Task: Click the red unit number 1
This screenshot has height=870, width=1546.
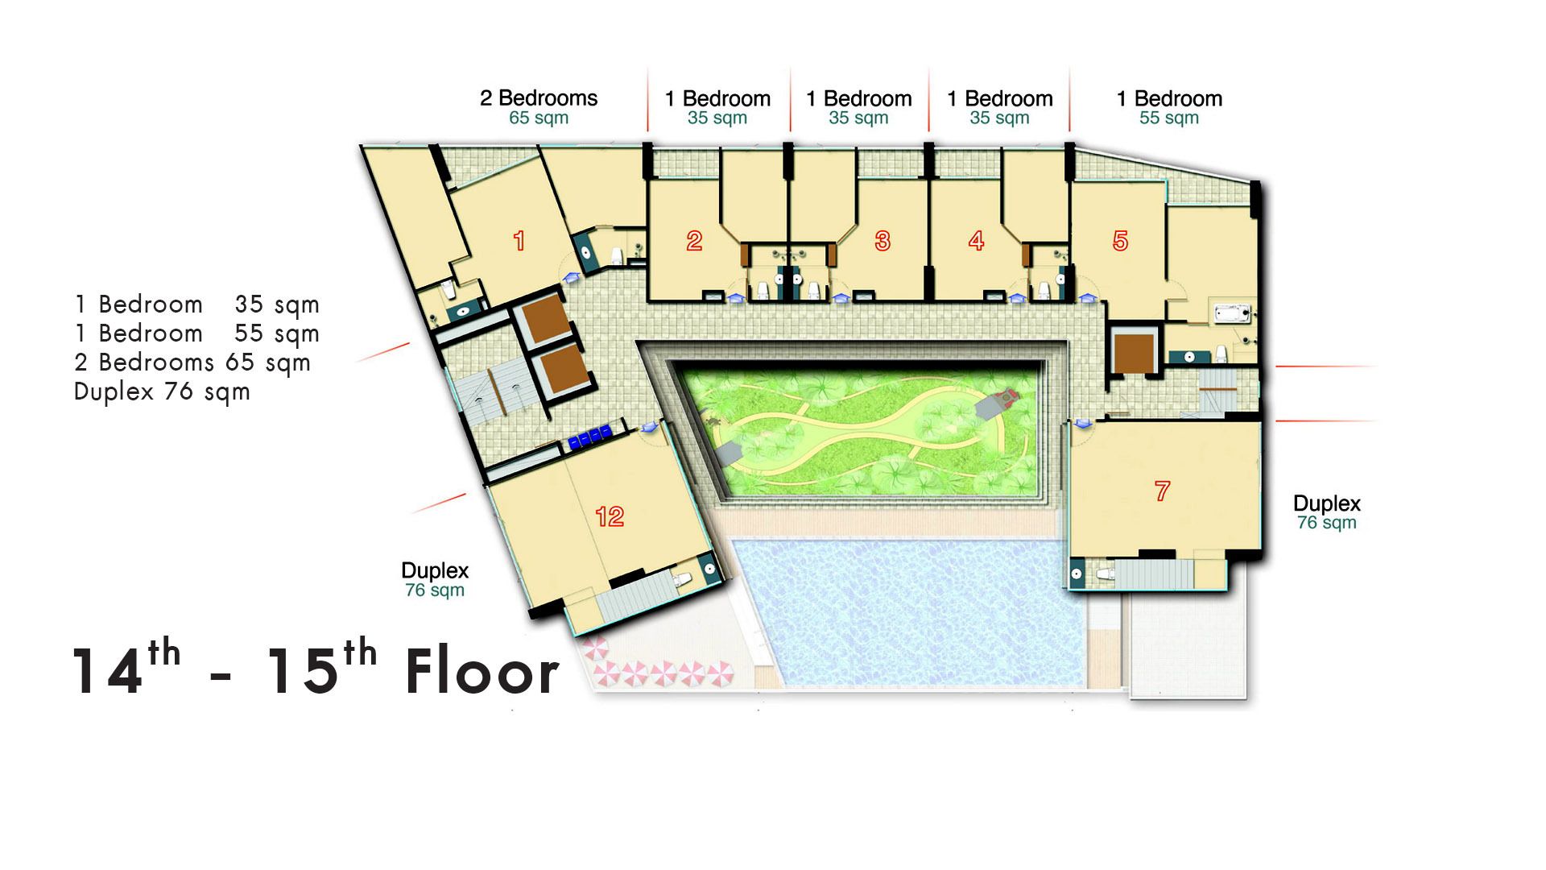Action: pyautogui.click(x=519, y=240)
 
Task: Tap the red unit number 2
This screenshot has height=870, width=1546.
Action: pyautogui.click(x=694, y=240)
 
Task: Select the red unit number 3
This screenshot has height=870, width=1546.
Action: pyautogui.click(x=883, y=240)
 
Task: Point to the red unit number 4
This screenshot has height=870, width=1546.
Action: pyautogui.click(x=976, y=240)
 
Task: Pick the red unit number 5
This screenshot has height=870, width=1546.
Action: pyautogui.click(x=1120, y=240)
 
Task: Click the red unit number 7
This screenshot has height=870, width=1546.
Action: pyautogui.click(x=1162, y=491)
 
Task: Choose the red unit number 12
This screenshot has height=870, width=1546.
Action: pyautogui.click(x=610, y=516)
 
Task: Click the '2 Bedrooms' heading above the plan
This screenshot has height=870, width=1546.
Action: pyautogui.click(x=539, y=98)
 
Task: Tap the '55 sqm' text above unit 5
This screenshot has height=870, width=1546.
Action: pyautogui.click(x=1169, y=118)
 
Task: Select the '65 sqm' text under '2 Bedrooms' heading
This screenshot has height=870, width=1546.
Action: pyautogui.click(x=539, y=118)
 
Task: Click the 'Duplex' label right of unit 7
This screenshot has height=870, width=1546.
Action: pyautogui.click(x=1327, y=504)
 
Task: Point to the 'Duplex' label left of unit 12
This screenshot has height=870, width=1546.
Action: pyautogui.click(x=435, y=571)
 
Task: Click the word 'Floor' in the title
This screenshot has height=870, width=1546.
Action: pyautogui.click(x=482, y=673)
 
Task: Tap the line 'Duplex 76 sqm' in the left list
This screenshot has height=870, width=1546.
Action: pyautogui.click(x=162, y=392)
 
